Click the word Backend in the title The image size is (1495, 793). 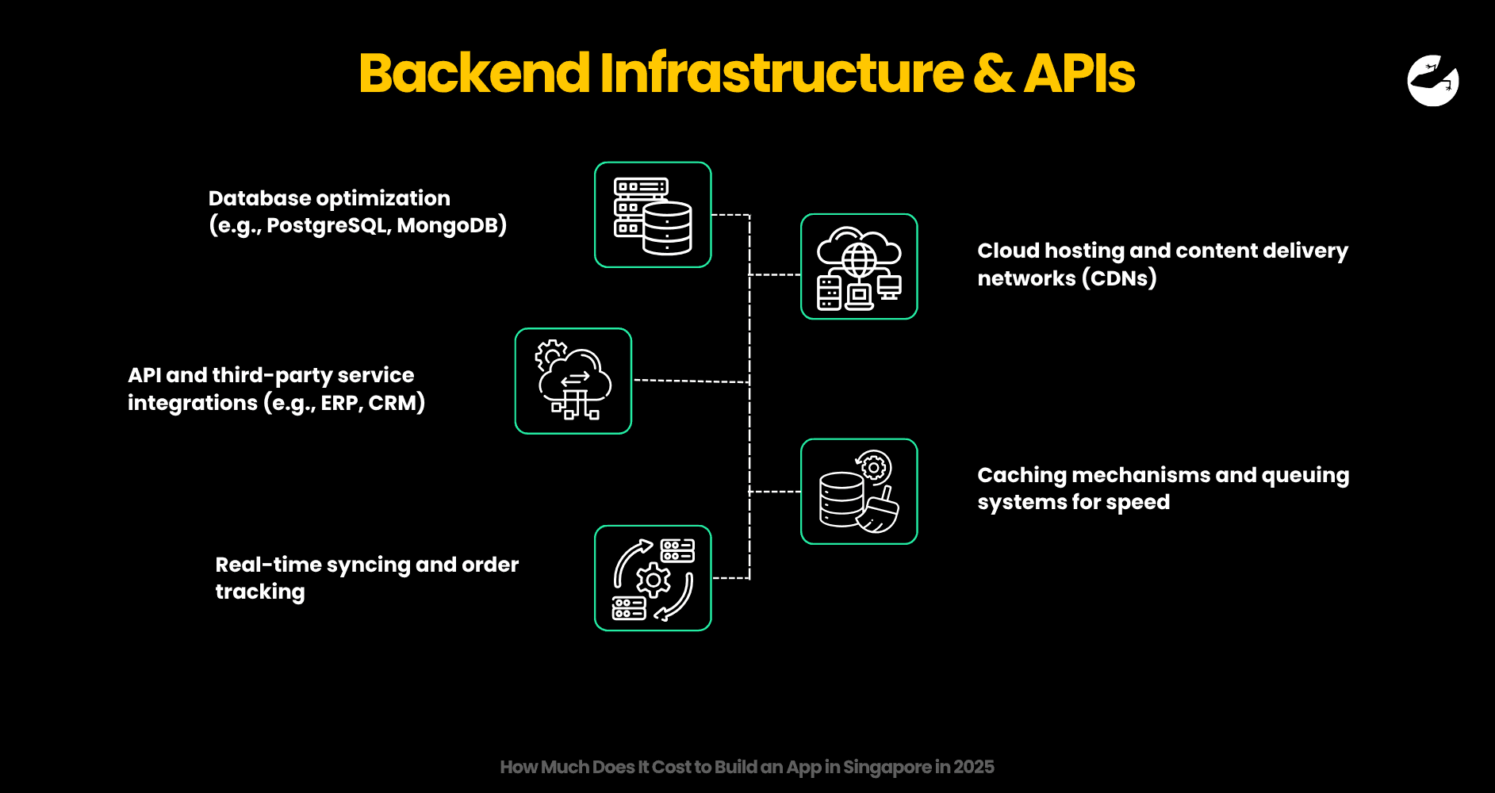[x=474, y=73]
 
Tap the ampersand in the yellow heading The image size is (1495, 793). [x=994, y=73]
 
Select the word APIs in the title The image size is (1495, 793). [x=1079, y=73]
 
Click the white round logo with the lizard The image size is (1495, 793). [x=1432, y=80]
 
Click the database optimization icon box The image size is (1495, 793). [x=653, y=215]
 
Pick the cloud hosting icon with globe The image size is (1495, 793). [x=859, y=266]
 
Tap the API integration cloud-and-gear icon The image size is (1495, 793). [x=573, y=381]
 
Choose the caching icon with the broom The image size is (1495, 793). [x=859, y=492]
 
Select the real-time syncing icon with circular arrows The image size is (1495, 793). [x=653, y=578]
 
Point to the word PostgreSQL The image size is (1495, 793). [x=328, y=226]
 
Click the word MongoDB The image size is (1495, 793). [x=447, y=226]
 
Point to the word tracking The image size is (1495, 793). [x=260, y=592]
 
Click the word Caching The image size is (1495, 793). [x=1022, y=475]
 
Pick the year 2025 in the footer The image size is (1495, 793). [x=973, y=767]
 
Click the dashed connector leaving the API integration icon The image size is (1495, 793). [x=690, y=381]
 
